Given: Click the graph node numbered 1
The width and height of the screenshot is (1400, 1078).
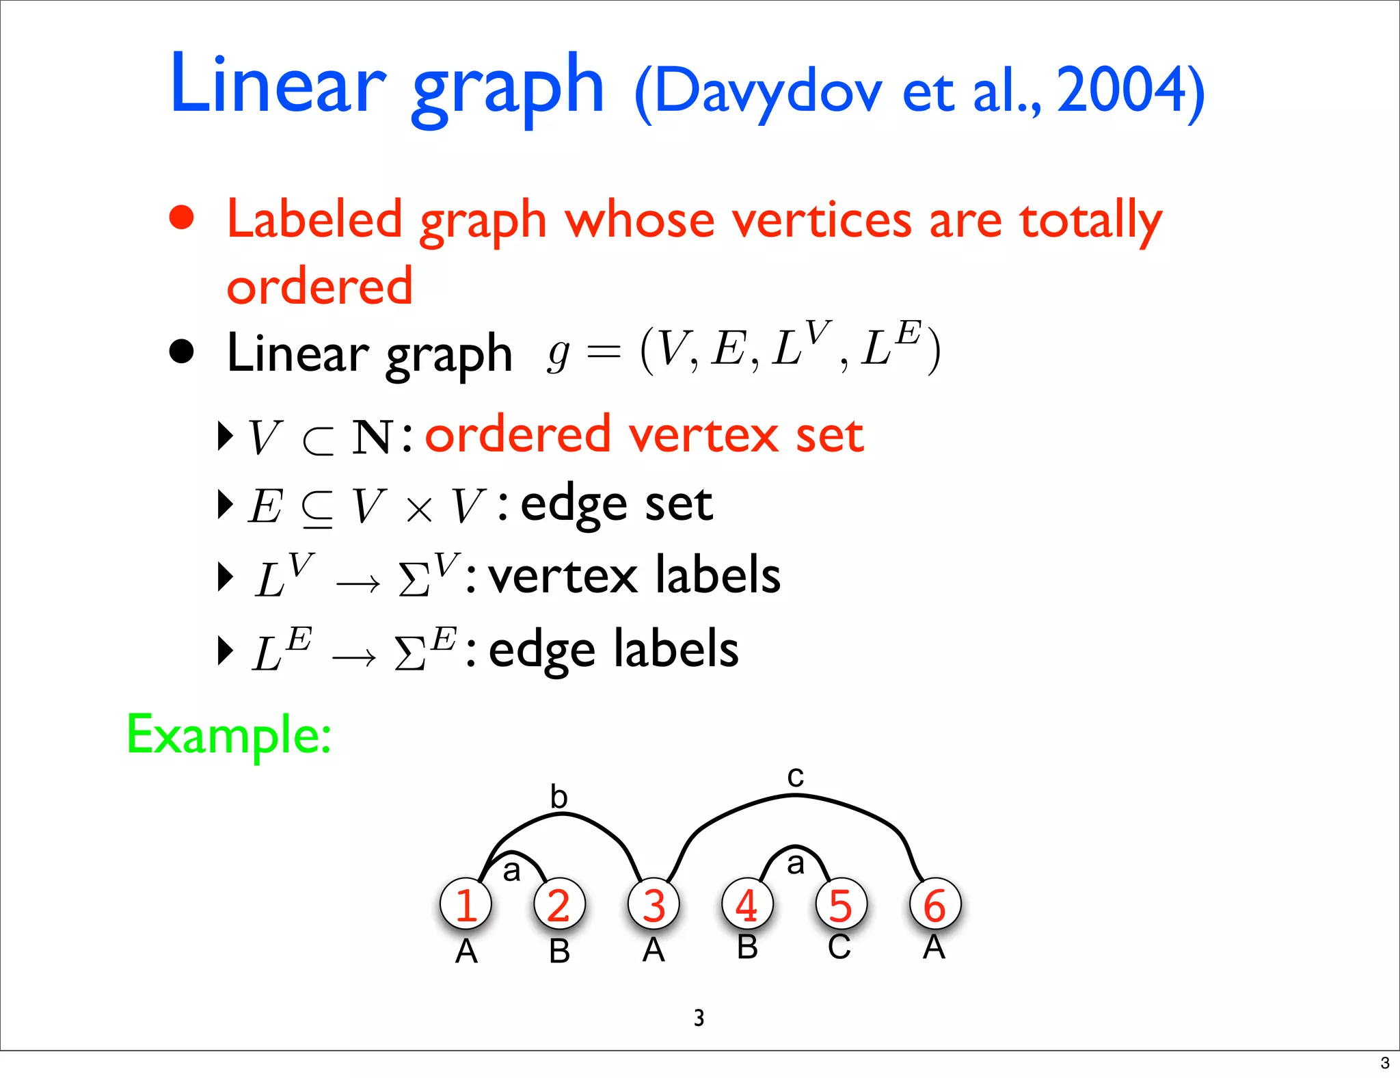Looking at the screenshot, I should pos(466,904).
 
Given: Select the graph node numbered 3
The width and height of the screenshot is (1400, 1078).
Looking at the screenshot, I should pos(654,904).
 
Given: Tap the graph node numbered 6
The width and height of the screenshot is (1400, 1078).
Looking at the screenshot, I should pos(934,904).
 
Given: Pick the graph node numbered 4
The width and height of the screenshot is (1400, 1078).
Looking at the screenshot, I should pos(747,904).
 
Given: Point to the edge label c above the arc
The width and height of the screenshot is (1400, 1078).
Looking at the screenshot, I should pos(795,776).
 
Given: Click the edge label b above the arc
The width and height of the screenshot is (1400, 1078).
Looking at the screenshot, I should pos(559,797).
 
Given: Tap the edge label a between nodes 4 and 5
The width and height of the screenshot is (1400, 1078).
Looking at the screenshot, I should pos(795,863).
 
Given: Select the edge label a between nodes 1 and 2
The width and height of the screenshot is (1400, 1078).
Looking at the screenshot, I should pos(511,871).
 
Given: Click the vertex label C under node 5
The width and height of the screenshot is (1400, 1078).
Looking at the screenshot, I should pos(839,948).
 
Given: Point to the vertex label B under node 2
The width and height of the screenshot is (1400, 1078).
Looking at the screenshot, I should pos(559,951).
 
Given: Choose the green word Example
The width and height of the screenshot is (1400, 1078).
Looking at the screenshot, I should pos(229,735).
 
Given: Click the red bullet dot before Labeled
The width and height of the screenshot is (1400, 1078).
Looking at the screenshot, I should pos(182,218).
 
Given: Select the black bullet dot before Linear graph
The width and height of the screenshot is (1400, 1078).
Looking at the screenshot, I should pos(182,352).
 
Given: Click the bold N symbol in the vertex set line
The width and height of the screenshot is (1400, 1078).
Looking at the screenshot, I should pos(372,437).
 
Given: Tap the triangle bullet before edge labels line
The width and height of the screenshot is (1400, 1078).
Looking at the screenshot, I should pos(224,650).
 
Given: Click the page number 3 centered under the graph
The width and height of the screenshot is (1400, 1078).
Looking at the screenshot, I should pos(699,1018).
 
